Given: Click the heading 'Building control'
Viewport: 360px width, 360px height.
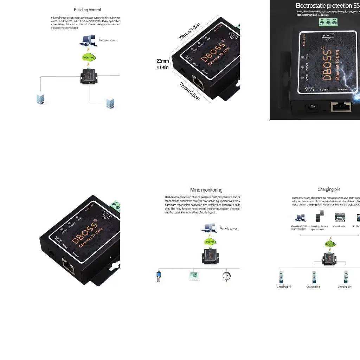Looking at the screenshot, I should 87,10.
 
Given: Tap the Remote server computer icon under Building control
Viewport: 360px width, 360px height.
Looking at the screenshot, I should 87,40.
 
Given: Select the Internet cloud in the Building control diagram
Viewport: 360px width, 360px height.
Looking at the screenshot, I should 88,57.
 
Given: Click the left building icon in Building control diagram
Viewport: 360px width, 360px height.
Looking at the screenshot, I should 41,98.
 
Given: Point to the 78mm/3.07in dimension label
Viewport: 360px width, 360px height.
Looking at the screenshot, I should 189,31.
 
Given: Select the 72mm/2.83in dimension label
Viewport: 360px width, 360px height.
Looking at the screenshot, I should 189,92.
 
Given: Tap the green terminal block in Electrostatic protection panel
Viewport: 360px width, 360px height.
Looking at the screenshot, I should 328,22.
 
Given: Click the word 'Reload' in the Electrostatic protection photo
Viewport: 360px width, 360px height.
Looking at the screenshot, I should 324,90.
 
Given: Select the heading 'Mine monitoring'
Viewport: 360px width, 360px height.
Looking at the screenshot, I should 206,190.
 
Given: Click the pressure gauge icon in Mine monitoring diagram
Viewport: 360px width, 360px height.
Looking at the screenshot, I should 226,276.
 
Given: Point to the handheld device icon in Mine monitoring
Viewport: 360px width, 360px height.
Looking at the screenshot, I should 159,276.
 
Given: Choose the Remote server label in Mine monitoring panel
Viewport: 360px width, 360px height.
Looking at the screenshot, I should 228,228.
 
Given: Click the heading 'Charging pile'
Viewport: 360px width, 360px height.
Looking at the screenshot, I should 329,189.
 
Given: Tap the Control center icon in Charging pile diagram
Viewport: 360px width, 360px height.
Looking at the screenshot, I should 340,218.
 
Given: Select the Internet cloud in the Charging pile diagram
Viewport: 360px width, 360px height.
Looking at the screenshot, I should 330,244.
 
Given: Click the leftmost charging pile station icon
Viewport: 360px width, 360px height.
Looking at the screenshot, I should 281,277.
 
